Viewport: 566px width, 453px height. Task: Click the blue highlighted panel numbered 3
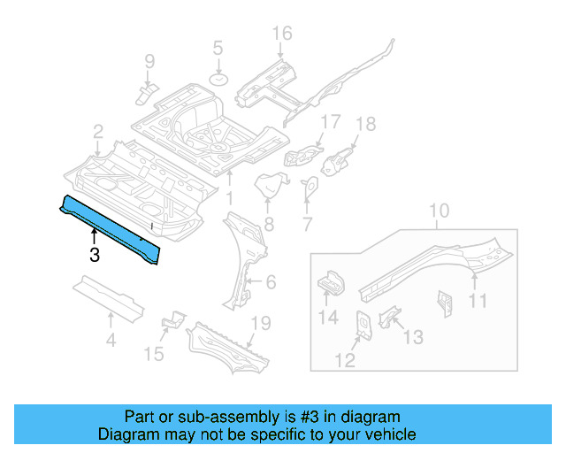111,228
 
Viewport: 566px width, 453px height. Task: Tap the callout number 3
94,257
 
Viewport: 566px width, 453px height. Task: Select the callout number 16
281,35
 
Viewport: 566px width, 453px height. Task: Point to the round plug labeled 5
218,81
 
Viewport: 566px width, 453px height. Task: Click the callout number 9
149,61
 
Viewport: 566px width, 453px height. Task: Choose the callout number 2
97,132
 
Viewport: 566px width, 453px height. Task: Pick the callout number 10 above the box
440,212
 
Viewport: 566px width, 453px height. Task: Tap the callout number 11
478,301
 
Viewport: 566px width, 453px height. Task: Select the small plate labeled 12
363,324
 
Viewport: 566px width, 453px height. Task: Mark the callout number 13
413,337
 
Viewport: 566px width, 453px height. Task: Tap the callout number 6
271,283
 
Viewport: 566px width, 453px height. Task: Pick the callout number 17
330,123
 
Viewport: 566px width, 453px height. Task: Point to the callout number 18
365,125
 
